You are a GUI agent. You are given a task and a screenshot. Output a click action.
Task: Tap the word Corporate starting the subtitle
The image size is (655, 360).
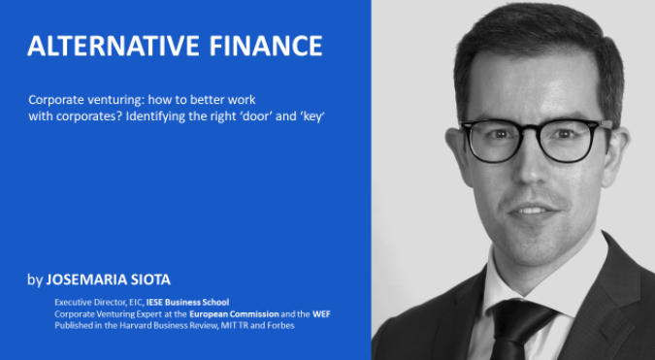click(54, 100)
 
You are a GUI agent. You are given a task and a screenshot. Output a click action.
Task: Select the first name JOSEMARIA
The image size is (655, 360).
click(82, 280)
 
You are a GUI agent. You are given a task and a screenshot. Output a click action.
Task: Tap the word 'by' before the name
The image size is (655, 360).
click(35, 280)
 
